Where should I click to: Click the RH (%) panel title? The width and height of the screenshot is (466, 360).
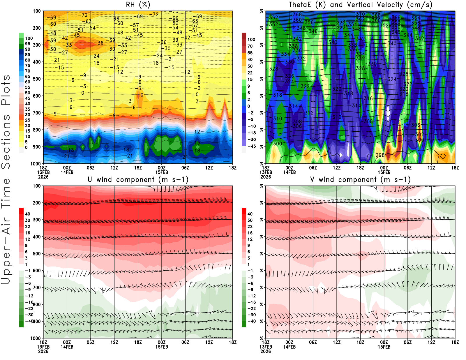click(138, 5)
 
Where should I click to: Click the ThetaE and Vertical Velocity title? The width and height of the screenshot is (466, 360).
click(360, 5)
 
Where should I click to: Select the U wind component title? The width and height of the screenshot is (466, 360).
click(138, 179)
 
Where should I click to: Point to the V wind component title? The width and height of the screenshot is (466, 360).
click(360, 179)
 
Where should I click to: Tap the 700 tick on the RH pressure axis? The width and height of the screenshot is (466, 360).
click(37, 113)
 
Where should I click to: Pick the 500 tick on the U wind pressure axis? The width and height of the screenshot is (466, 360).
click(37, 254)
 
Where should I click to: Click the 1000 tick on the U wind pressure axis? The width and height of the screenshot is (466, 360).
click(36, 338)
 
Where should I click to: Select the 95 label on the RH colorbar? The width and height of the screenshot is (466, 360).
click(27, 44)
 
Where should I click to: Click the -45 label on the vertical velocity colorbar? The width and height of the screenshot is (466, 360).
click(251, 146)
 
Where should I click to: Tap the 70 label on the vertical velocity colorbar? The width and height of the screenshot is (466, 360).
click(250, 46)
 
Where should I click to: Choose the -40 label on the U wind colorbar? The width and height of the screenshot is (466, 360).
click(29, 321)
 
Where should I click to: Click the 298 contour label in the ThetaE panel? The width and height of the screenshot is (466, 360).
click(380, 155)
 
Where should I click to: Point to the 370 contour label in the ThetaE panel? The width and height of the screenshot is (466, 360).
click(360, 14)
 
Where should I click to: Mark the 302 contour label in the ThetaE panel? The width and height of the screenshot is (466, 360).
click(419, 135)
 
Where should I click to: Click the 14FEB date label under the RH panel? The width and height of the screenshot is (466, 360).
click(67, 172)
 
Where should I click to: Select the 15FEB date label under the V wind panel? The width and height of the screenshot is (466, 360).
click(384, 347)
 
